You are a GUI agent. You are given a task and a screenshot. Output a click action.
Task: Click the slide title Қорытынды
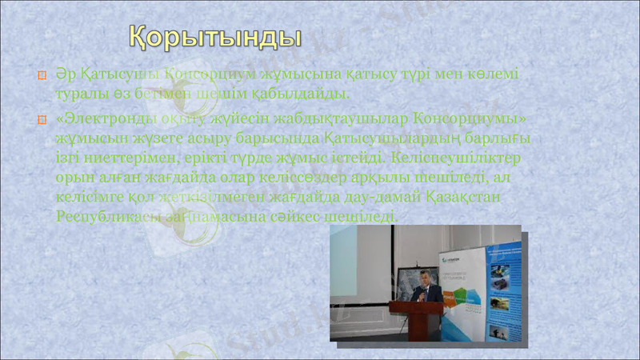click(x=216, y=37)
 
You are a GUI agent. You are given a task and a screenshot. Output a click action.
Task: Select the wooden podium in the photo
click(x=413, y=319)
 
